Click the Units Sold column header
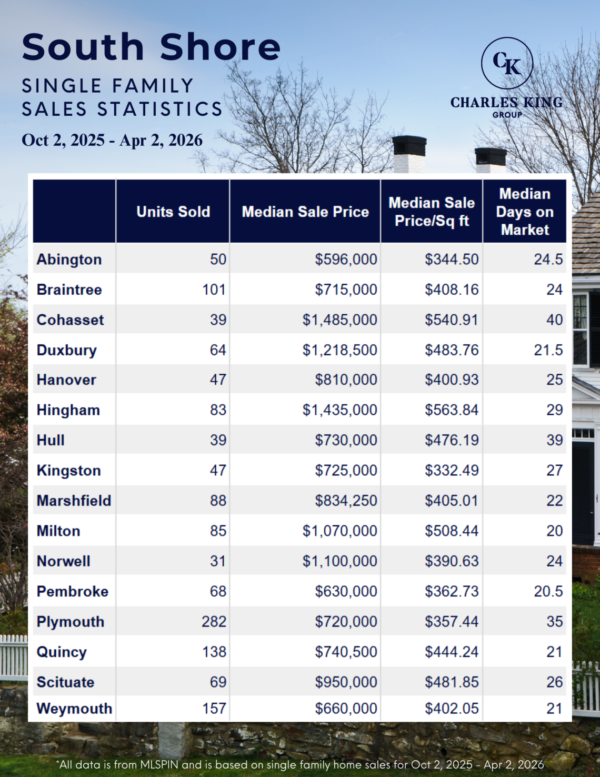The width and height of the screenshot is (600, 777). (173, 212)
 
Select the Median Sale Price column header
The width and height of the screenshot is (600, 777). (305, 212)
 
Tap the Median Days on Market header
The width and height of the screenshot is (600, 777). (525, 212)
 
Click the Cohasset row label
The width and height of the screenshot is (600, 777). (70, 320)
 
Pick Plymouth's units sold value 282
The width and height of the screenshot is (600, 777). (214, 622)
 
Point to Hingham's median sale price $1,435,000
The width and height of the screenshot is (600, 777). (339, 410)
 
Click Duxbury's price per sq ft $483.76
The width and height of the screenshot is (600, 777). (452, 350)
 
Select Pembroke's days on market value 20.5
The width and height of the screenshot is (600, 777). (548, 592)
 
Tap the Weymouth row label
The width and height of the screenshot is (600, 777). (74, 709)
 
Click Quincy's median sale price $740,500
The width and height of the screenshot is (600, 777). (346, 652)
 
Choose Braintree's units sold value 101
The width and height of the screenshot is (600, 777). (214, 290)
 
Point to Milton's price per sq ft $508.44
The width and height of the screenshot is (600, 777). (452, 531)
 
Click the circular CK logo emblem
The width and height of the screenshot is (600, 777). (507, 63)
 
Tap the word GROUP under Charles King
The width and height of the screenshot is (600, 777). (507, 115)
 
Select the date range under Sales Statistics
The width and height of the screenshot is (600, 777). (112, 140)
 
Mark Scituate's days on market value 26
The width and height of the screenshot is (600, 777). (554, 682)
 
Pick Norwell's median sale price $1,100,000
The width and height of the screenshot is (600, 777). (339, 561)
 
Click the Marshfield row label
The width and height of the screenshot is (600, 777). (74, 501)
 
